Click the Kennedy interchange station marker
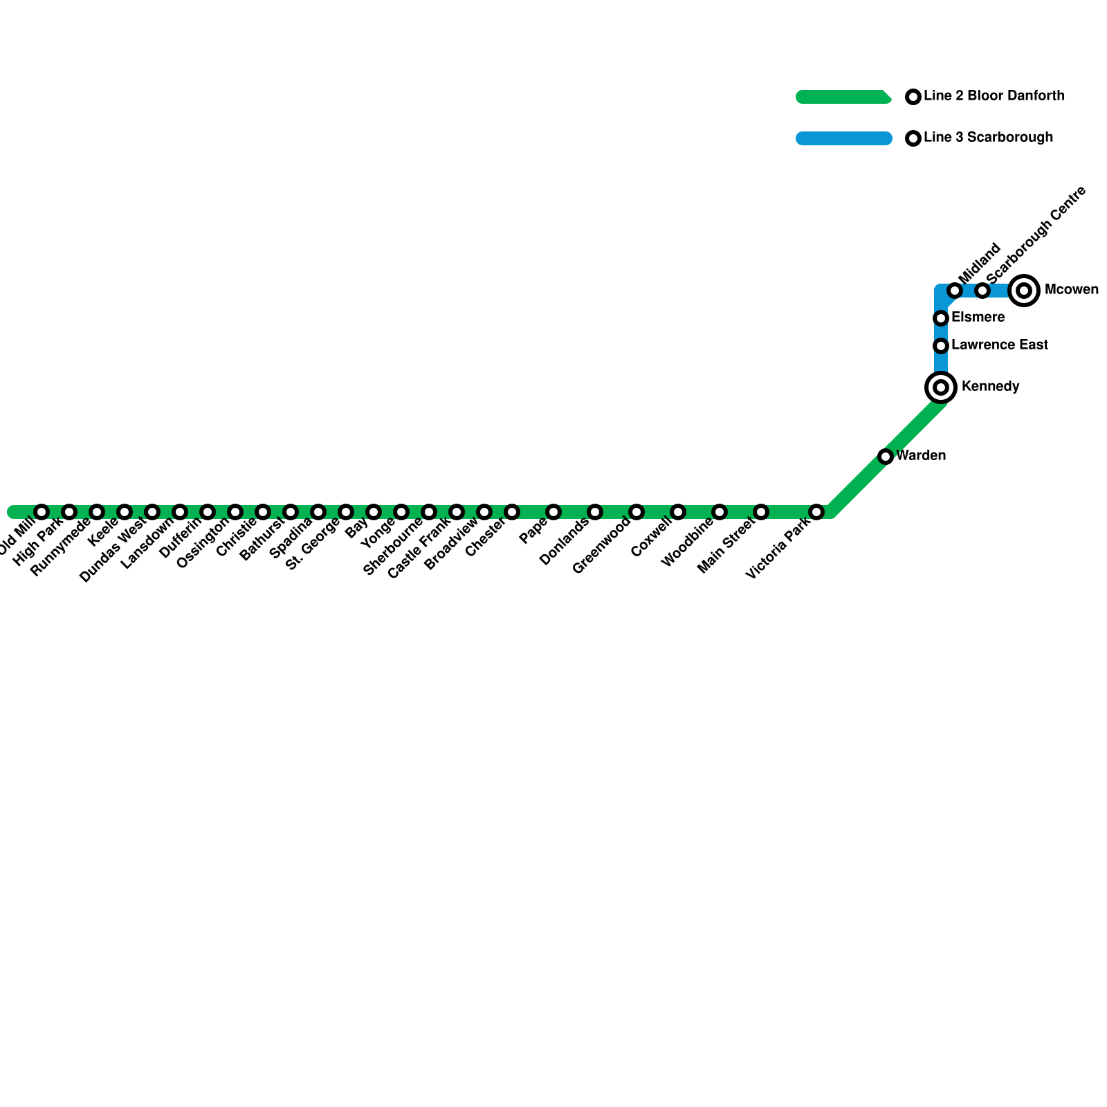pos(941,387)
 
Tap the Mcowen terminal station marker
pos(1024,290)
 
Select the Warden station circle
pos(886,456)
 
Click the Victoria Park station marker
pos(816,512)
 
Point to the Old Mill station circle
pos(42,512)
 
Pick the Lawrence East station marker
pos(941,345)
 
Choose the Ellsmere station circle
pos(941,318)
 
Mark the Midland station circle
pos(955,290)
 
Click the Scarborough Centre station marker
pos(982,290)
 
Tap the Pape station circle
pos(553,512)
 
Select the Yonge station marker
pos(401,512)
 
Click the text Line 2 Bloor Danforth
pos(994,96)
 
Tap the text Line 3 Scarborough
pos(989,138)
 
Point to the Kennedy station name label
pos(990,386)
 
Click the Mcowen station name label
pos(1071,289)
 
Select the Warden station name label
pos(921,455)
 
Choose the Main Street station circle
pos(761,512)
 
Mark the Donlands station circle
pos(595,512)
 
